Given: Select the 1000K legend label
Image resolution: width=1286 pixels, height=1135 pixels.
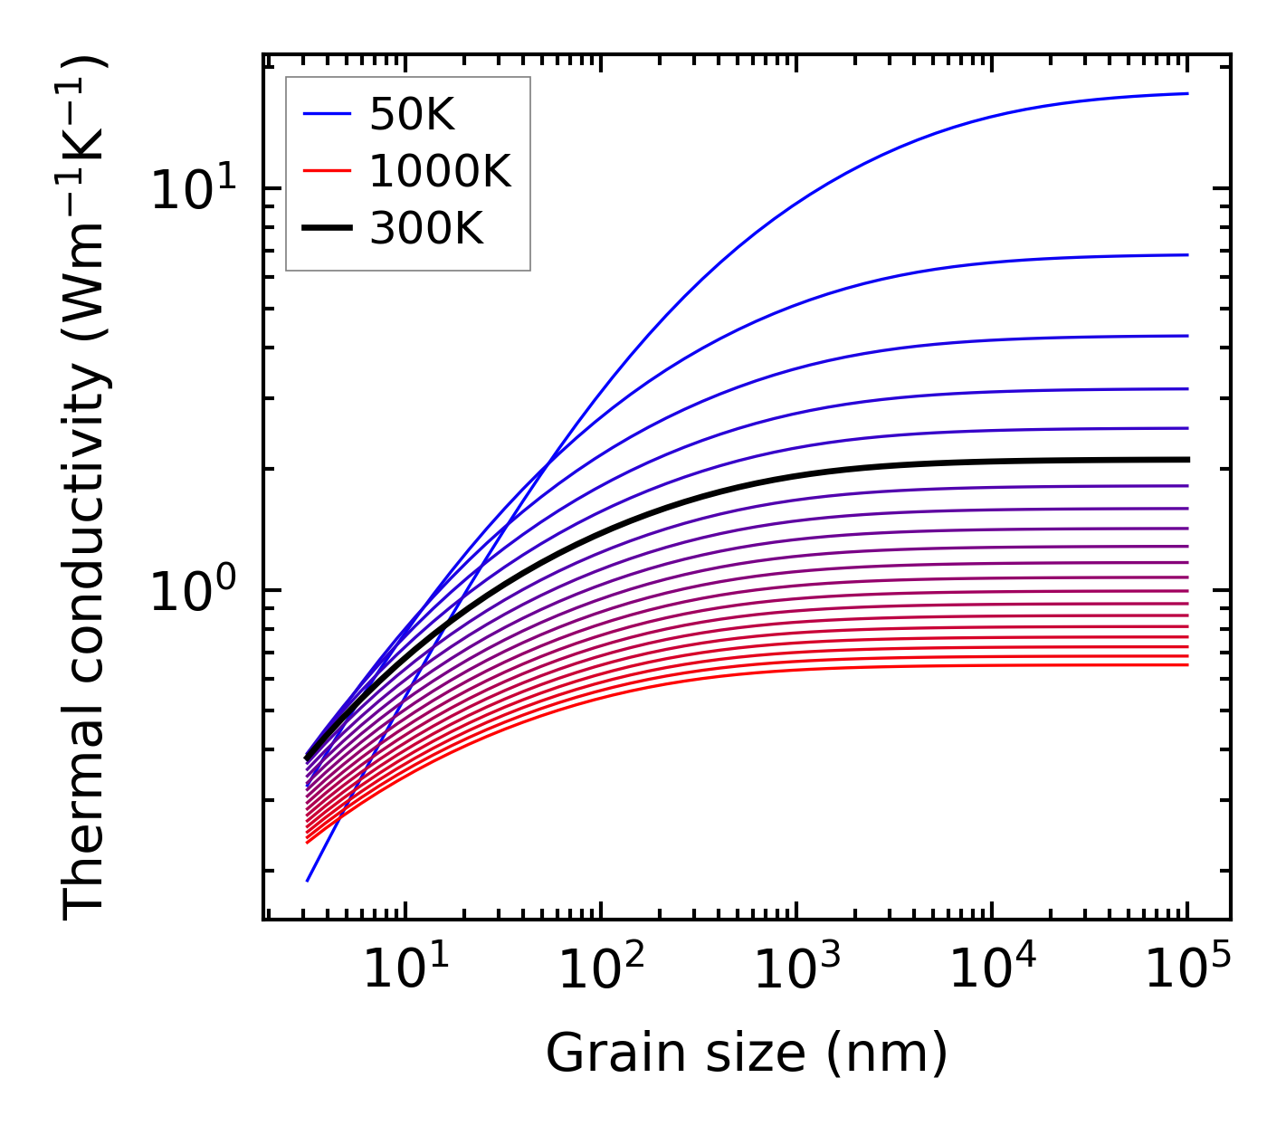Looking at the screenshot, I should pyautogui.click(x=440, y=171).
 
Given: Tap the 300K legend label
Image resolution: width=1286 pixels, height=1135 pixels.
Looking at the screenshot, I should pyautogui.click(x=426, y=229).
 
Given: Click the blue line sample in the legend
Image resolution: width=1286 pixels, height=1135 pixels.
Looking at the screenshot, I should pyautogui.click(x=326, y=114).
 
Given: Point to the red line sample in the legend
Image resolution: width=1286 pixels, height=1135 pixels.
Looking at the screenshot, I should pyautogui.click(x=326, y=171).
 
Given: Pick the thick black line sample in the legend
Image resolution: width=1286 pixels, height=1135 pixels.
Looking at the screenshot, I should pyautogui.click(x=326, y=229).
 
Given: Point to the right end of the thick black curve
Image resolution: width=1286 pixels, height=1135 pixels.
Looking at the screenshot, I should pyautogui.click(x=1186, y=460).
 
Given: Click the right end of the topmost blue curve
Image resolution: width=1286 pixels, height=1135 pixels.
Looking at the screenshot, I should pyautogui.click(x=1186, y=93).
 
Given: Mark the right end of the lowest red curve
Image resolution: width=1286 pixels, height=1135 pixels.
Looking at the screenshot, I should pyautogui.click(x=1186, y=665).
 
